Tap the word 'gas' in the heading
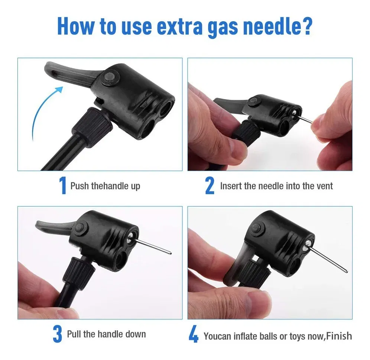(x=223, y=28)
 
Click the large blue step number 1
(x=62, y=186)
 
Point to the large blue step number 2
(x=210, y=186)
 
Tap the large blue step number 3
(x=57, y=334)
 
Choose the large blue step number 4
(x=194, y=334)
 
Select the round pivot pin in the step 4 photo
(x=257, y=228)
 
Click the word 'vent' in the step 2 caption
(x=325, y=186)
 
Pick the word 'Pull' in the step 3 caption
(x=74, y=334)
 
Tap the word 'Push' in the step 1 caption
(x=80, y=186)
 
